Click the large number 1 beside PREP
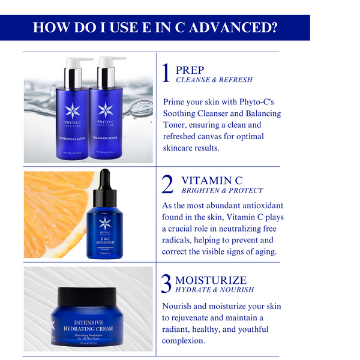[167, 73]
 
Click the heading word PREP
[190, 70]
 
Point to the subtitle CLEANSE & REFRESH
[214, 80]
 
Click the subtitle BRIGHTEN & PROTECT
[222, 191]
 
